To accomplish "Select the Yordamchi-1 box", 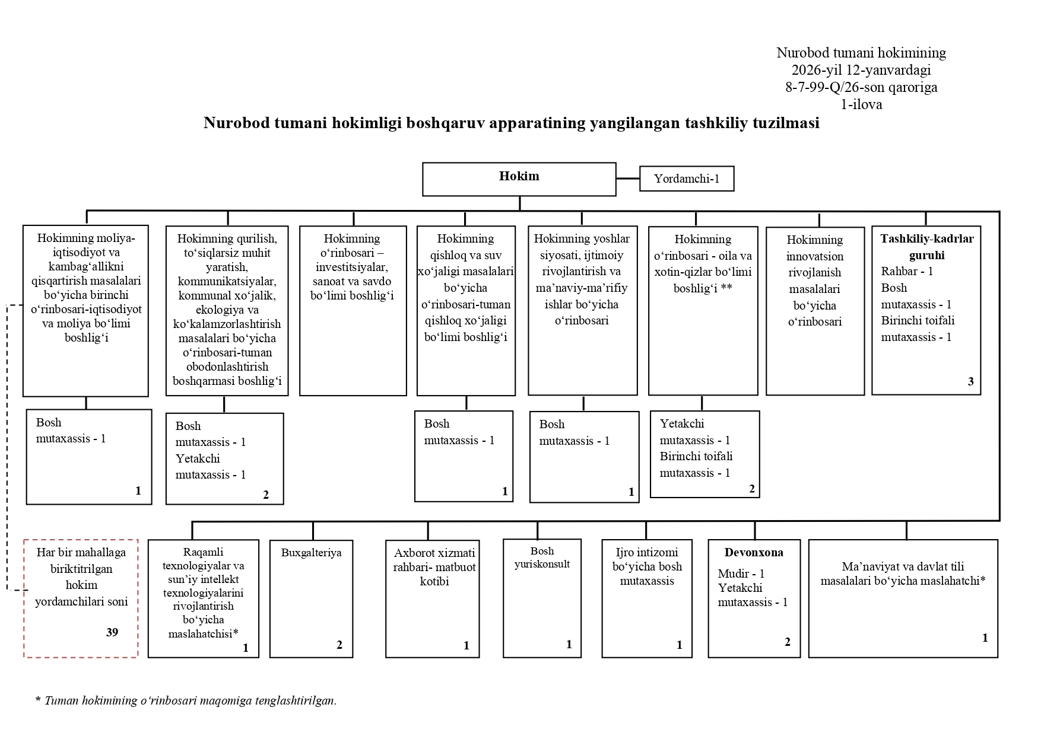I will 687,179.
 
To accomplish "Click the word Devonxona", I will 753,553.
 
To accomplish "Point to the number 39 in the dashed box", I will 112,632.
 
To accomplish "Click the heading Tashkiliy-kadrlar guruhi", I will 926,247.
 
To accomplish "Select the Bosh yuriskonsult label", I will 542,557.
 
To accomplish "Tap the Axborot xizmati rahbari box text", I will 434,567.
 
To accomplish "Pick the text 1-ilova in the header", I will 861,104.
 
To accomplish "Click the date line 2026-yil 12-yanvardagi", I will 861,70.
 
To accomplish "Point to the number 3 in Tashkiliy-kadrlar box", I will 970,381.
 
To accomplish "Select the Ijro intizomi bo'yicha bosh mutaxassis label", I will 647,566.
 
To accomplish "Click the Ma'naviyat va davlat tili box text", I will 903,573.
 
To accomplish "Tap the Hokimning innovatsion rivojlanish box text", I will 814,281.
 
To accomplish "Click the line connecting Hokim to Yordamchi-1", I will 627,178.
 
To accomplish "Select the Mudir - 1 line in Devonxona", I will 741,573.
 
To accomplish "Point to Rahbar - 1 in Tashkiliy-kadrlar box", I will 907,271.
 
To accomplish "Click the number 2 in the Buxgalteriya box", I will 339,645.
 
